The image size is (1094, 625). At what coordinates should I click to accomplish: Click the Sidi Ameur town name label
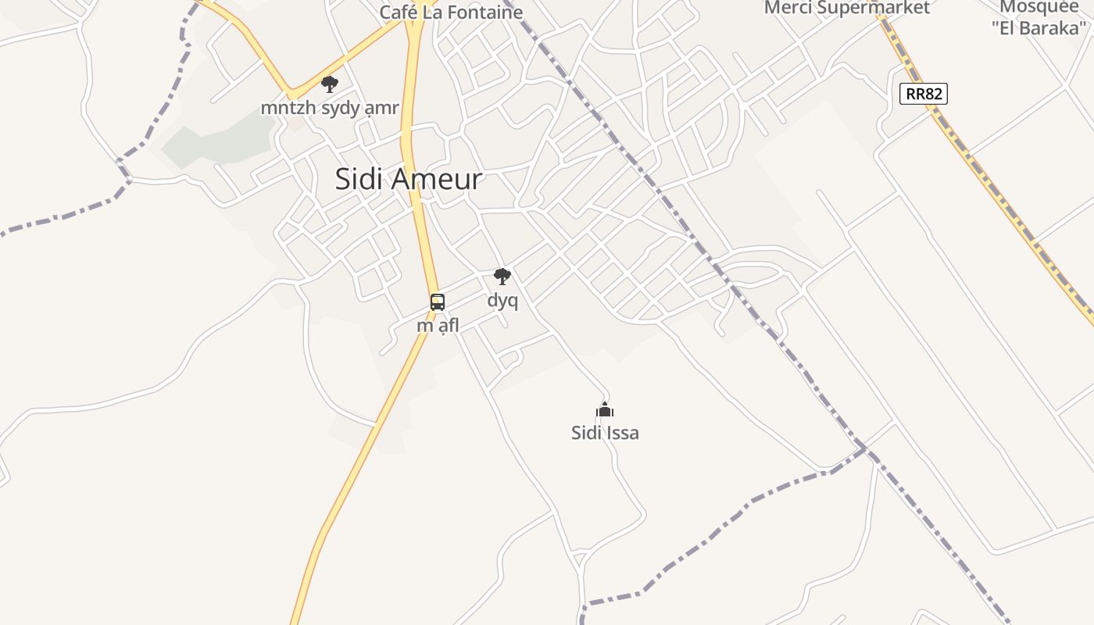[409, 179]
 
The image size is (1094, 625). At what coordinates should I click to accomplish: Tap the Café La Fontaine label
[451, 12]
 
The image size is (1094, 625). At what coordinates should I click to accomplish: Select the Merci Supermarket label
[847, 8]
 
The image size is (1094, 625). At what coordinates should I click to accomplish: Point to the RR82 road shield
[924, 95]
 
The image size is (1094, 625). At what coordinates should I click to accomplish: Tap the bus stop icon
[438, 302]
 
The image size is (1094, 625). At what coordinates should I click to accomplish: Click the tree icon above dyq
[502, 276]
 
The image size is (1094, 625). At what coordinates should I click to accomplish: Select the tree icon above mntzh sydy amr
[330, 84]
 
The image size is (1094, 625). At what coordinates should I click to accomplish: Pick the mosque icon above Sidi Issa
[605, 409]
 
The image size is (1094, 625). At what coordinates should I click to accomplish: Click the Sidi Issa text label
[605, 432]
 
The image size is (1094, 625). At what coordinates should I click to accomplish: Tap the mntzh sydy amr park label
[330, 108]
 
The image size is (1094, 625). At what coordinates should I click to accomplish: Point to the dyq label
[502, 300]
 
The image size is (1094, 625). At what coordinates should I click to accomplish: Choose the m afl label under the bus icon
[438, 325]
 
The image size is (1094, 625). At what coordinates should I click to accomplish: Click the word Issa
[622, 432]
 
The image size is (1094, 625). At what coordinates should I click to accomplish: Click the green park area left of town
[211, 145]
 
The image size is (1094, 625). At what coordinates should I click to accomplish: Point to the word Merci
[788, 8]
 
